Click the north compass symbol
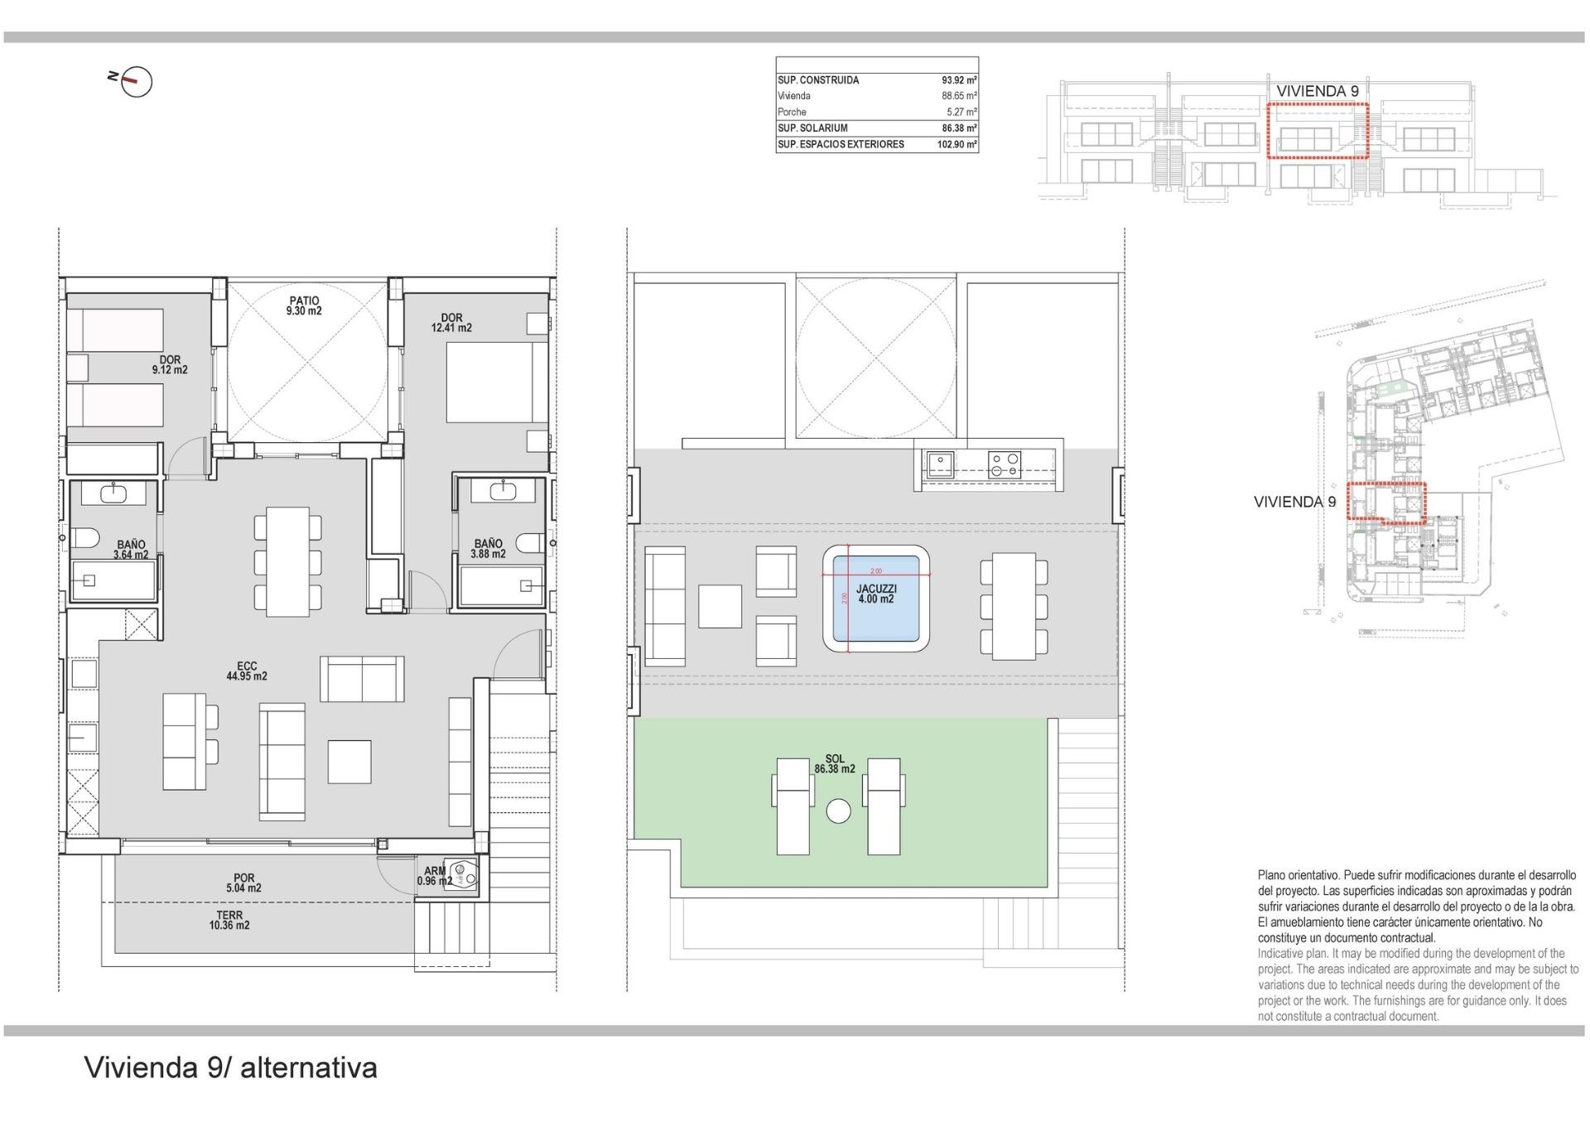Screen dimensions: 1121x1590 pos(136,81)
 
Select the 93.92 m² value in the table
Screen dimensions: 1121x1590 pos(959,80)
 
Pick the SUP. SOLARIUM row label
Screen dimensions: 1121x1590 pos(812,128)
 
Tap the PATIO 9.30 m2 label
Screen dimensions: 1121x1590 pos(304,306)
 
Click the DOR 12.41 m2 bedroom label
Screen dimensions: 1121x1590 pos(451,323)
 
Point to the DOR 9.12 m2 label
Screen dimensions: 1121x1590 pos(170,365)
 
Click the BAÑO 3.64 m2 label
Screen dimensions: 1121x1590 pos(131,550)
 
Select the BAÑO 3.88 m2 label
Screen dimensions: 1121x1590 pos(488,549)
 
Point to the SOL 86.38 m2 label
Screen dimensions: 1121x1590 pos(835,764)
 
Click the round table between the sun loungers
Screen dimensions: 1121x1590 pos(838,811)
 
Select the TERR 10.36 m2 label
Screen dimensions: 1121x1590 pos(229,921)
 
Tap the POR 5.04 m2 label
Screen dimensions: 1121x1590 pos(243,883)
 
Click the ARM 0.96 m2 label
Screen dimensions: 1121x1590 pos(435,876)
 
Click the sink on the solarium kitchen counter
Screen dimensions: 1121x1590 pos(940,463)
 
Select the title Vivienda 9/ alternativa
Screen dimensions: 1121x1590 pos(231,1068)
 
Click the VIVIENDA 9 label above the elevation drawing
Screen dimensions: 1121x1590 pos(1317,91)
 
